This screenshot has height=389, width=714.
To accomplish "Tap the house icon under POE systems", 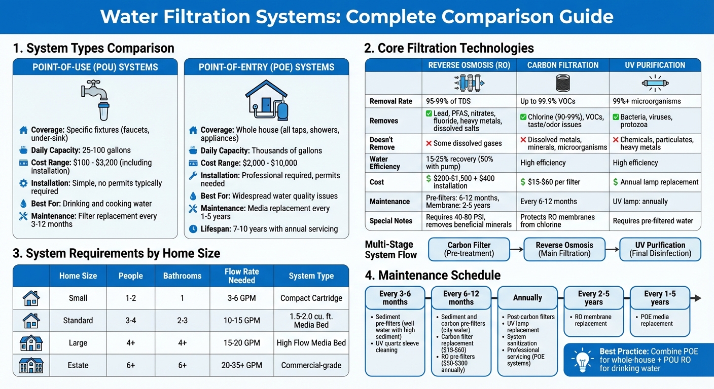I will coord(266,99).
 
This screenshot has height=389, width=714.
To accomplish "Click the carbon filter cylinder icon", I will coord(562,83).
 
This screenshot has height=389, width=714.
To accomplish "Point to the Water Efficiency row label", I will coord(385,163).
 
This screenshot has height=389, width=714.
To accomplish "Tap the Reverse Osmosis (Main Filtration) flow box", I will coord(564,249).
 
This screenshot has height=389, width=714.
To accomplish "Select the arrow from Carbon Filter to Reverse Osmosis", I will coord(516,250).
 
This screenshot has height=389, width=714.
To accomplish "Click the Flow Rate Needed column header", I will coord(241,276).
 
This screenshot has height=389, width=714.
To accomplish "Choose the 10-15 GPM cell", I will coord(241,320).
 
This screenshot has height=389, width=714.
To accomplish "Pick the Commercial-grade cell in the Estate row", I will coord(311,365).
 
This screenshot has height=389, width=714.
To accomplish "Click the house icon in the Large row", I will coord(31,343).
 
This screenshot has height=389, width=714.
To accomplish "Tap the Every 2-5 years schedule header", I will coord(594,298).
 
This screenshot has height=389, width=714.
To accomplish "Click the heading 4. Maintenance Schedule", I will coord(433,275).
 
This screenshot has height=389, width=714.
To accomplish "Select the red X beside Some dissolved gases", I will coord(429,143).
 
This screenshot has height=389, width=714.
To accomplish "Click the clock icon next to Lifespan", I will coord(193,229).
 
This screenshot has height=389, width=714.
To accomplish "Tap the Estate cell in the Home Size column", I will coord(78,365).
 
